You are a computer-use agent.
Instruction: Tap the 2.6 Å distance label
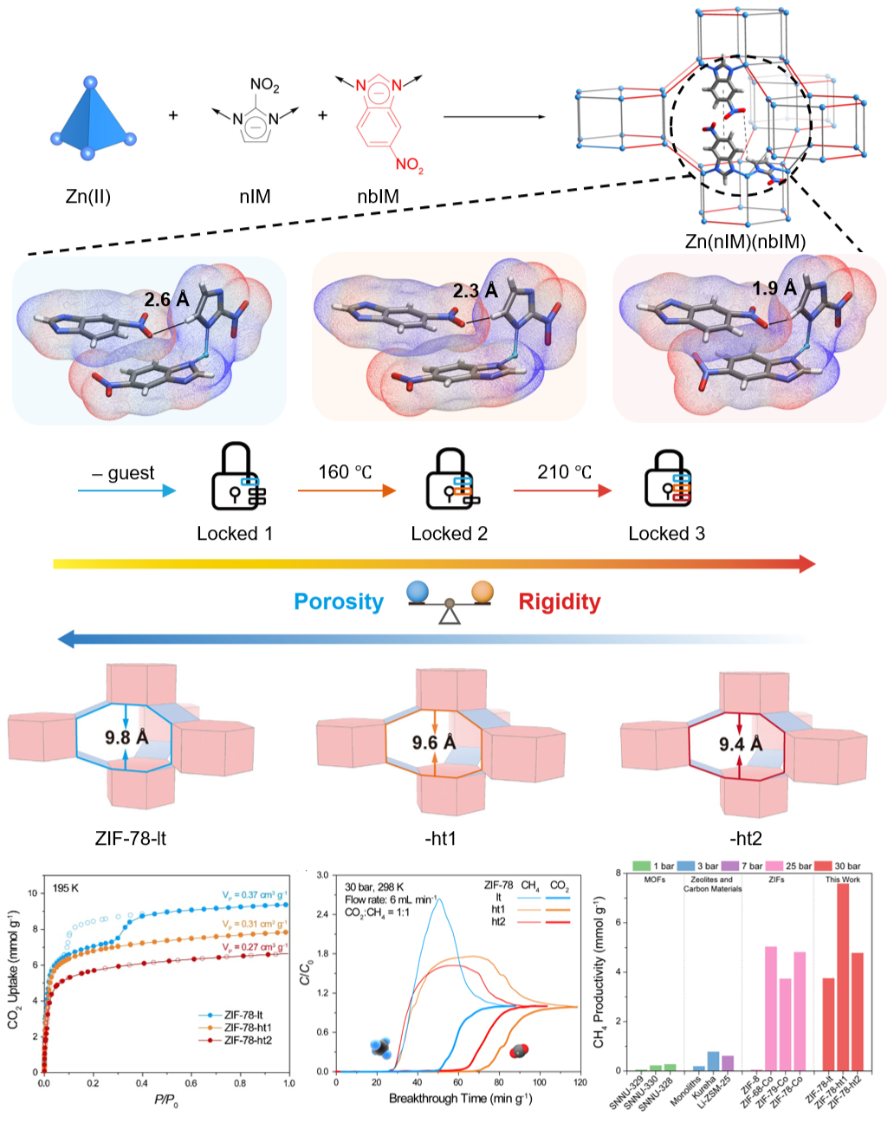pyautogui.click(x=166, y=300)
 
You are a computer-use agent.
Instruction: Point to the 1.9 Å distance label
pyautogui.click(x=774, y=289)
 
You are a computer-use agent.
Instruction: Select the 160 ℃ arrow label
pyautogui.click(x=345, y=472)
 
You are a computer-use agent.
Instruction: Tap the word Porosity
pyautogui.click(x=339, y=602)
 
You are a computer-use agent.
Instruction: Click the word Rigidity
pyautogui.click(x=559, y=602)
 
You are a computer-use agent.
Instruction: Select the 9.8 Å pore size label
pyautogui.click(x=127, y=737)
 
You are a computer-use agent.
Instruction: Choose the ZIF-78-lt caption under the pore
pyautogui.click(x=131, y=838)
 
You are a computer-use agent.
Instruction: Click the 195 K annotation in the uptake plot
pyautogui.click(x=65, y=888)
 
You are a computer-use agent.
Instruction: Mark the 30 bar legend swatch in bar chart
pyautogui.click(x=822, y=866)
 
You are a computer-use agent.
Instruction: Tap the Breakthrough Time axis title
pyautogui.click(x=460, y=1099)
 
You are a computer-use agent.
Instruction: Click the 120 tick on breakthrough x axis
pyautogui.click(x=580, y=1082)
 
